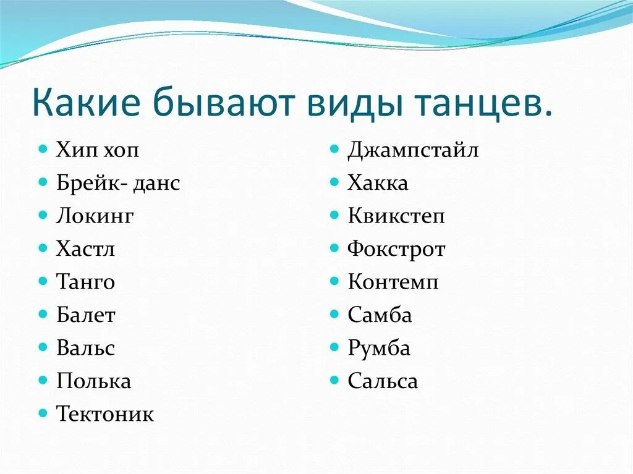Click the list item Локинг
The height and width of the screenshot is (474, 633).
(95, 216)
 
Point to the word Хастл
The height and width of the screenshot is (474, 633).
(85, 249)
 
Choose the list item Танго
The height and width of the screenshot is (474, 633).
(85, 282)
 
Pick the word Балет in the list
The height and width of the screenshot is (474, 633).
(86, 315)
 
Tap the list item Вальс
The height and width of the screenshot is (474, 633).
(85, 348)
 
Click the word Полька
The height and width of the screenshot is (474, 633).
(93, 381)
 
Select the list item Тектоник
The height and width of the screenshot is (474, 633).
(105, 413)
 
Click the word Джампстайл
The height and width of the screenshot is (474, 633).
(413, 150)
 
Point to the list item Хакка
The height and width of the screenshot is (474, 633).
(378, 183)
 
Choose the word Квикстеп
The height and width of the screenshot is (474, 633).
(396, 216)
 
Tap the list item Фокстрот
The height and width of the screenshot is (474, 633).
(396, 249)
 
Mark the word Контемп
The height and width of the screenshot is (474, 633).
(393, 282)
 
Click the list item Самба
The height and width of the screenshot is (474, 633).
(380, 315)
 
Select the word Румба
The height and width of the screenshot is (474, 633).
(379, 348)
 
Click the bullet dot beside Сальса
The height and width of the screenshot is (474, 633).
(334, 379)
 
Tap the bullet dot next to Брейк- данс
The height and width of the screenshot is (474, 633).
(43, 182)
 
